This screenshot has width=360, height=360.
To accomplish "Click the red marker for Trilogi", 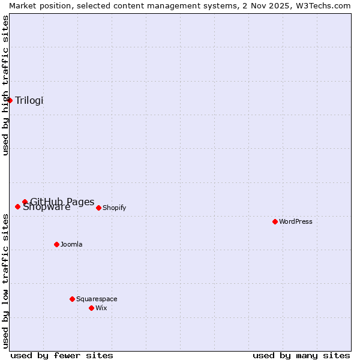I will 10,100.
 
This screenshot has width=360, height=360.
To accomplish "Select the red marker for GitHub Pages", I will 25,202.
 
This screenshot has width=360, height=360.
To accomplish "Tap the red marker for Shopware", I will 17,206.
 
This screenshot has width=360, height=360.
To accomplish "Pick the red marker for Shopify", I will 98,208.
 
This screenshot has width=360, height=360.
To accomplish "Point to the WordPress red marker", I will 275,221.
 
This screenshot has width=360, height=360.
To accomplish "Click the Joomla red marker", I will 56,244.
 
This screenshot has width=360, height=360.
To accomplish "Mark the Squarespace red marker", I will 72,299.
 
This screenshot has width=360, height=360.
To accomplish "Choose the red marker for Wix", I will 91,308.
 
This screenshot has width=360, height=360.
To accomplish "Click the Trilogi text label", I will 29,100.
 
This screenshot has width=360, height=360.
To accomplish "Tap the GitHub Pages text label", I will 62,201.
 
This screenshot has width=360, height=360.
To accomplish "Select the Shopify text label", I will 114,208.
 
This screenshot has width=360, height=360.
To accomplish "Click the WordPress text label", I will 296,221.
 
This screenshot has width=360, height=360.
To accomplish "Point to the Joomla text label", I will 71,244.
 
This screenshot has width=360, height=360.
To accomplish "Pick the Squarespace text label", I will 97,299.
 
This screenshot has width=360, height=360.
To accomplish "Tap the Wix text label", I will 101,308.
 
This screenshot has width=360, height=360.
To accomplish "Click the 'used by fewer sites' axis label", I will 62,355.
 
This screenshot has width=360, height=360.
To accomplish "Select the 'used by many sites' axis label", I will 301,355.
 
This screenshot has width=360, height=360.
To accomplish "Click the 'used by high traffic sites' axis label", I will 5,85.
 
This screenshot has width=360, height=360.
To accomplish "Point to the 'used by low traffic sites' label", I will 5,281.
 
